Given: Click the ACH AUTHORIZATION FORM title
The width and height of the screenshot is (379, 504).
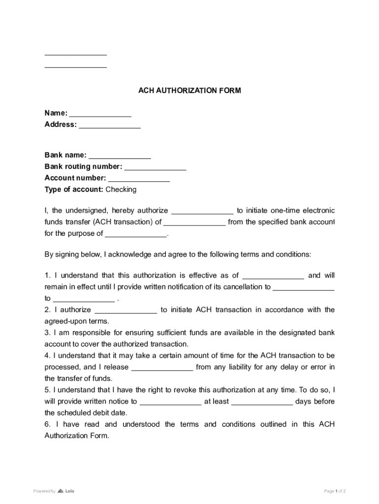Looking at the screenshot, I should pos(189,91).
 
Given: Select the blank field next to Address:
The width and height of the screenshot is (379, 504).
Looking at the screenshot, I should pos(110,125).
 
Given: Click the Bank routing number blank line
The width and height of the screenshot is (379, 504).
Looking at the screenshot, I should pos(155,167).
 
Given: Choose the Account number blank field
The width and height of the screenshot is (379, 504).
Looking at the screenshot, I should pos(139,179).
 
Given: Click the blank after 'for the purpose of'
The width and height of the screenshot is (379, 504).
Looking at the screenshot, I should pos(136,234).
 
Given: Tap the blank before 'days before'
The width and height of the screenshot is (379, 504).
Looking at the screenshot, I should pos(262,402).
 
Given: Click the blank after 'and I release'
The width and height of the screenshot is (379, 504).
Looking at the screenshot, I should pos(162,368).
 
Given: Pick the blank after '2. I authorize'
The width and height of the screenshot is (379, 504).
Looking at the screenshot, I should pos(126,311).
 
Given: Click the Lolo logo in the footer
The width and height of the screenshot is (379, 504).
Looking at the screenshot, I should pos(66,491).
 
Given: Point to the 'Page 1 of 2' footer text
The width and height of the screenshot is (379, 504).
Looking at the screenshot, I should pos(335,491).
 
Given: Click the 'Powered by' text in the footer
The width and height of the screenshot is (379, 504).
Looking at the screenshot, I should pos(44,491).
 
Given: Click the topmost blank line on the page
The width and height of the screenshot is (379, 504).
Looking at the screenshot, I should pos(75,54).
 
